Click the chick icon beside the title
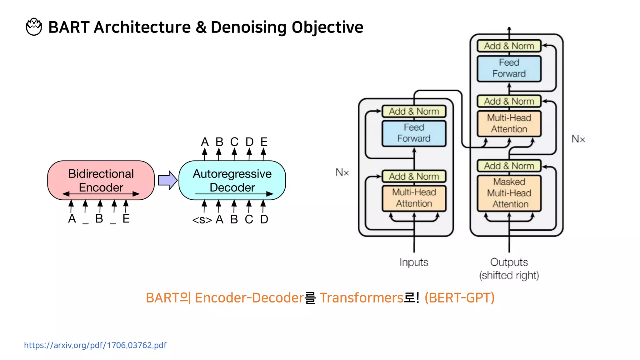click(x=34, y=27)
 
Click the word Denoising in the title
click(x=248, y=27)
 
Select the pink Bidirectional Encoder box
click(x=101, y=180)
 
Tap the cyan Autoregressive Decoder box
click(x=232, y=180)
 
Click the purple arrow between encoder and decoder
click(x=167, y=180)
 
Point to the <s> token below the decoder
click(x=202, y=220)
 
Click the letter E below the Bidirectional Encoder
click(x=126, y=219)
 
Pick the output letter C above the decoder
click(x=234, y=142)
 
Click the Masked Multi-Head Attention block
click(x=509, y=193)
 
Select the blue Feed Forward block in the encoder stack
click(x=414, y=133)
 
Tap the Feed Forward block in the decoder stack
click(x=509, y=68)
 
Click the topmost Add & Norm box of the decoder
click(x=509, y=46)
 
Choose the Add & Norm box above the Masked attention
click(x=509, y=166)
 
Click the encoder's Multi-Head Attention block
click(x=414, y=198)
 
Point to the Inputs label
click(x=414, y=262)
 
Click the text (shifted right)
click(x=509, y=275)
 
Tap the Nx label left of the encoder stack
click(x=342, y=172)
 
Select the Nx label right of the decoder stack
click(x=578, y=139)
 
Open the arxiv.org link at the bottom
click(x=95, y=345)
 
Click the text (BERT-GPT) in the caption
click(x=459, y=298)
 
